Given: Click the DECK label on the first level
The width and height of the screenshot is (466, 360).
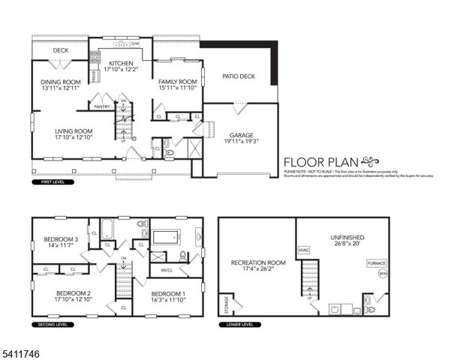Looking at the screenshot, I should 61,50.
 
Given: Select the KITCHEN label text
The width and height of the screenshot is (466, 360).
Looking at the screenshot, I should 121,64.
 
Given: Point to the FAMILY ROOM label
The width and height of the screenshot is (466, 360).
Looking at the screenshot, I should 177,82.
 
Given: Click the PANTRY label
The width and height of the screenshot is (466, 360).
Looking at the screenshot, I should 102,106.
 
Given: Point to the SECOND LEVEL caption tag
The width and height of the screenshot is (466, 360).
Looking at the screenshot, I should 50,325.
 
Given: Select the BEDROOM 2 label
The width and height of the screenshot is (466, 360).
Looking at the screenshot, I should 73,292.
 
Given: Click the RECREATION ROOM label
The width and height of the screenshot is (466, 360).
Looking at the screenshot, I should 258,262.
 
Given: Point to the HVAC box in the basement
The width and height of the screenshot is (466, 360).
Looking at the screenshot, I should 304,250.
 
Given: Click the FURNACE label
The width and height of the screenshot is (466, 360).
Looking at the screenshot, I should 376,263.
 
